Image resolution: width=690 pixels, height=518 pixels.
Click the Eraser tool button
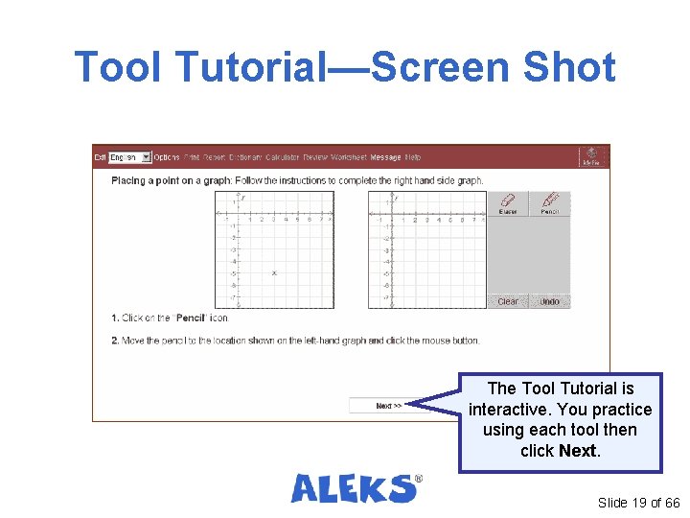pyautogui.click(x=508, y=203)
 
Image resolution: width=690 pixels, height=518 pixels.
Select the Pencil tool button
pyautogui.click(x=549, y=203)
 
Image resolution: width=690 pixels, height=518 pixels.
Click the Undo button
pyautogui.click(x=549, y=301)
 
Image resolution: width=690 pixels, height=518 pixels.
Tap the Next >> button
pyautogui.click(x=388, y=406)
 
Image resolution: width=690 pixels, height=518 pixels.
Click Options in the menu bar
pyautogui.click(x=167, y=157)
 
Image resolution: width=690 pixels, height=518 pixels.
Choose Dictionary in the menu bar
pyautogui.click(x=245, y=157)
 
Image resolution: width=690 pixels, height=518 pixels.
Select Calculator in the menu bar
pyautogui.click(x=283, y=157)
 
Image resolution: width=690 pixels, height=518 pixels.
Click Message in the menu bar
pyautogui.click(x=385, y=157)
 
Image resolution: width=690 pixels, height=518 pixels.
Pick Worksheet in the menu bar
pyautogui.click(x=349, y=157)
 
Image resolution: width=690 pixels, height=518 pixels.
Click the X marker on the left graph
pyautogui.click(x=274, y=273)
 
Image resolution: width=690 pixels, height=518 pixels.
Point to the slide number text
pyautogui.click(x=638, y=503)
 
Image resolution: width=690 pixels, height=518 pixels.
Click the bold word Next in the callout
pyautogui.click(x=577, y=451)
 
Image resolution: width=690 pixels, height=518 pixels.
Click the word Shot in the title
pyautogui.click(x=567, y=67)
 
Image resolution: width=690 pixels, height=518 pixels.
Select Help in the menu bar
pyautogui.click(x=413, y=157)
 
